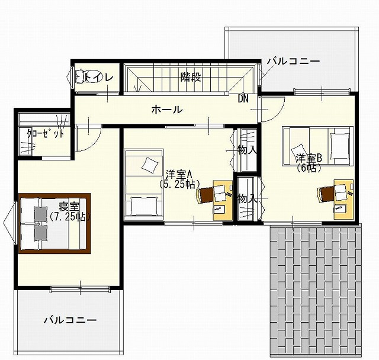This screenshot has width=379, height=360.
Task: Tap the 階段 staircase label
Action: (190, 77)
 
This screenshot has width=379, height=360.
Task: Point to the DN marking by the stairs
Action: (243, 98)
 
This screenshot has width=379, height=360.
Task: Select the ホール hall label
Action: (166, 110)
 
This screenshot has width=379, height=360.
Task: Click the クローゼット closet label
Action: (45, 133)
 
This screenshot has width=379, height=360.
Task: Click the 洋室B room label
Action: (309, 158)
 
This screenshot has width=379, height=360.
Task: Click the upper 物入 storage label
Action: (247, 150)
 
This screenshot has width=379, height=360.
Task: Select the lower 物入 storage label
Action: (247, 198)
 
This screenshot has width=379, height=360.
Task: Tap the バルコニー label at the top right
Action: (293, 61)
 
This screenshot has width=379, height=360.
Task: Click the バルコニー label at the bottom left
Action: (69, 320)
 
